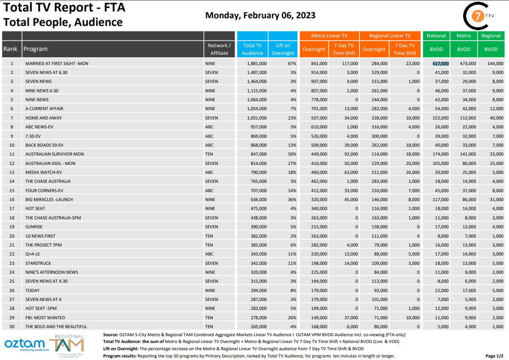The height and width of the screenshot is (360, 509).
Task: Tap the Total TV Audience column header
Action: [x=252, y=49]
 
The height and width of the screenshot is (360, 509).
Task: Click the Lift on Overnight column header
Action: [x=283, y=49]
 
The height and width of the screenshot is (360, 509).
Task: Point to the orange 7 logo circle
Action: [x=478, y=16]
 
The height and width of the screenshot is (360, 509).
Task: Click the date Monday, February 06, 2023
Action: [x=260, y=15]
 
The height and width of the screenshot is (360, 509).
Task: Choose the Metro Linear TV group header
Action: [x=329, y=36]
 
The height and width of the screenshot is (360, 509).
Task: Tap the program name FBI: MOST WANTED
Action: [x=45, y=317]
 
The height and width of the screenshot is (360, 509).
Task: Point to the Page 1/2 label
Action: [x=494, y=356]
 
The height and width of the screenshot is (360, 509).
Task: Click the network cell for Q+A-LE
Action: [x=210, y=254]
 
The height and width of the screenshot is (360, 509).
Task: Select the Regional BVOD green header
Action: [x=491, y=36]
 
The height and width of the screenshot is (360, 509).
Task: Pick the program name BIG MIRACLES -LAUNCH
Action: [x=49, y=199]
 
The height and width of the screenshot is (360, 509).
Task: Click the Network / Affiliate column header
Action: [x=219, y=49]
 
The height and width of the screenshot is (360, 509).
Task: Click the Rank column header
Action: [x=10, y=49]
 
